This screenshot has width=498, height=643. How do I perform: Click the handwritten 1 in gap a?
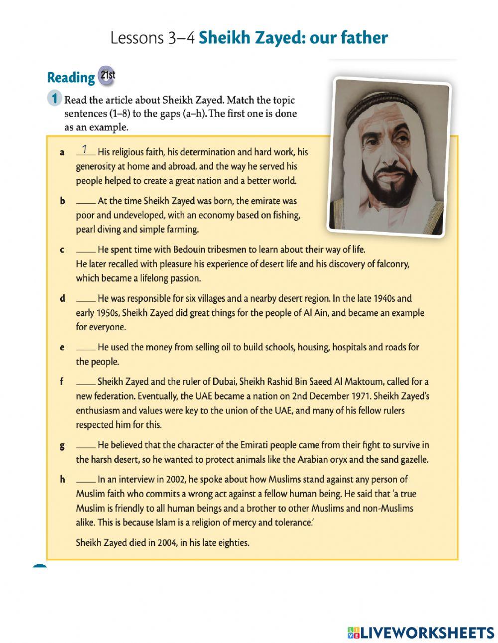pos(85,149)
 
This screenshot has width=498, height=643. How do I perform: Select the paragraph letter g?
pos(62,446)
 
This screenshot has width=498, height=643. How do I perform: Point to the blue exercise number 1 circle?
pos(55,98)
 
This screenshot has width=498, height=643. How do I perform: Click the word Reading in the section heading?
pos(71,78)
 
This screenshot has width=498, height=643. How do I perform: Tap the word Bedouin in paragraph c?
pos(189,250)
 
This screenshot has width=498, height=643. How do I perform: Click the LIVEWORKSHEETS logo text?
pos(427,633)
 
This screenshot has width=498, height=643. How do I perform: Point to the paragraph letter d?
pos(62,299)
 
